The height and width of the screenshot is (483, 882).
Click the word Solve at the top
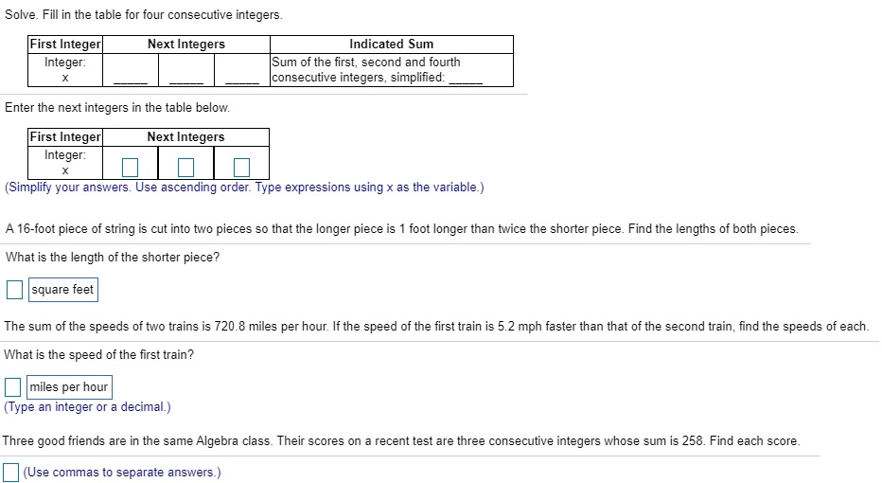pyautogui.click(x=21, y=15)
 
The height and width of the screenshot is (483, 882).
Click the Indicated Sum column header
pyautogui.click(x=391, y=44)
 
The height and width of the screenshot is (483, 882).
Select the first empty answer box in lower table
pyautogui.click(x=131, y=169)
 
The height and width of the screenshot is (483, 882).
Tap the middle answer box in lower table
pyautogui.click(x=186, y=169)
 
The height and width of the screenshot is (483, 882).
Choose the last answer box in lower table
pyautogui.click(x=241, y=169)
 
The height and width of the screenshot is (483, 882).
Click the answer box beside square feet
pyautogui.click(x=14, y=289)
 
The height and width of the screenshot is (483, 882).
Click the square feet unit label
pyautogui.click(x=62, y=289)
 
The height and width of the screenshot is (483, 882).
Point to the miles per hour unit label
pyautogui.click(x=69, y=387)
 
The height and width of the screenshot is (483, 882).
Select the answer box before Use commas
pyautogui.click(x=11, y=472)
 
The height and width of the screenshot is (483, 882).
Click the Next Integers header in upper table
pyautogui.click(x=186, y=44)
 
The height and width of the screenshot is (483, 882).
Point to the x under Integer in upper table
pyautogui.click(x=65, y=79)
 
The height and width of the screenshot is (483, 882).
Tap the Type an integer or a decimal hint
pyautogui.click(x=88, y=407)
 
